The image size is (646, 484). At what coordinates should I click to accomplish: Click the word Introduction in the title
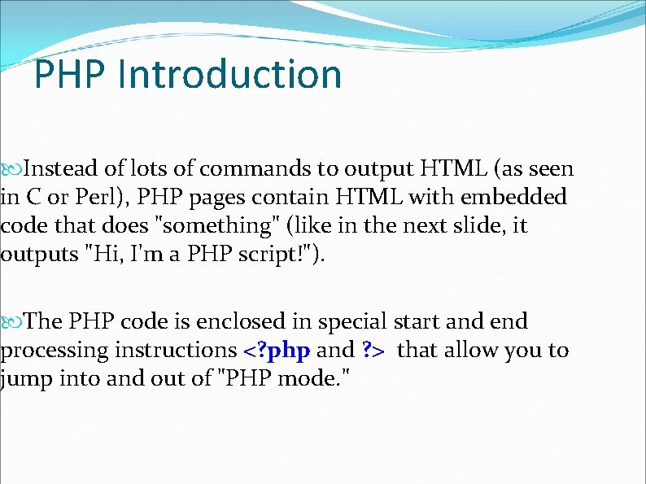pyautogui.click(x=230, y=74)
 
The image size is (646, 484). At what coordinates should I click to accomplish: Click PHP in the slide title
pyautogui.click(x=71, y=74)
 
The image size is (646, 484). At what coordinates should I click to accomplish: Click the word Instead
pyautogui.click(x=59, y=169)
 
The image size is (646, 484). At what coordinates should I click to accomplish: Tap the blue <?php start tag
pyautogui.click(x=277, y=351)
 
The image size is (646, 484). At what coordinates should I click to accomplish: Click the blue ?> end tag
pyautogui.click(x=373, y=351)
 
